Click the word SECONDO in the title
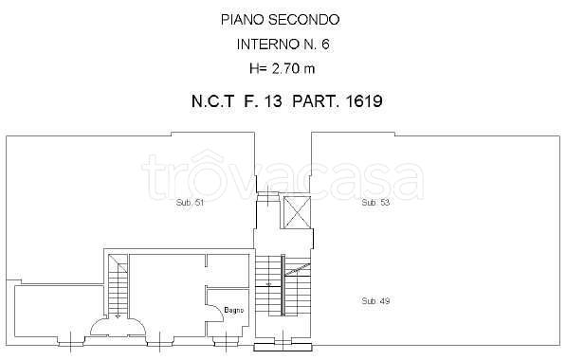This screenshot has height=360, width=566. click(x=304, y=20)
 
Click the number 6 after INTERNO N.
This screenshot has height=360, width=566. click(x=325, y=45)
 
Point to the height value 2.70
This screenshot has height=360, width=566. click(x=284, y=68)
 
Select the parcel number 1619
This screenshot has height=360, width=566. click(x=364, y=101)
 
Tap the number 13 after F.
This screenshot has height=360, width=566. click(x=273, y=101)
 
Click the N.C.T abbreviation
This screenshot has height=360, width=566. click(x=212, y=101)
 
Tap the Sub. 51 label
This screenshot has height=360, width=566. click(x=190, y=203)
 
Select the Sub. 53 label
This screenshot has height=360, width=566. click(x=375, y=203)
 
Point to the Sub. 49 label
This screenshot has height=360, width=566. click(x=375, y=301)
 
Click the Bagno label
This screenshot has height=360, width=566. click(x=234, y=310)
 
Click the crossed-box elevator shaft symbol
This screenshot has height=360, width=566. click(x=297, y=212)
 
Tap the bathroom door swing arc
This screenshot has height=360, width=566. click(x=219, y=309)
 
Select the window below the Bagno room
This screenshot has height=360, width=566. click(x=226, y=340)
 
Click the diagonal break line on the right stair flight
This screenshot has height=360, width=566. click(x=297, y=270)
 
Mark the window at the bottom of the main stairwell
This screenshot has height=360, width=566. click(x=283, y=345)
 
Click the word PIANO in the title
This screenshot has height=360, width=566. click(x=243, y=20)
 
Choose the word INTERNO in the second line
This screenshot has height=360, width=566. click(x=267, y=45)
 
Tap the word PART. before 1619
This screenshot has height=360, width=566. click(x=316, y=101)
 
